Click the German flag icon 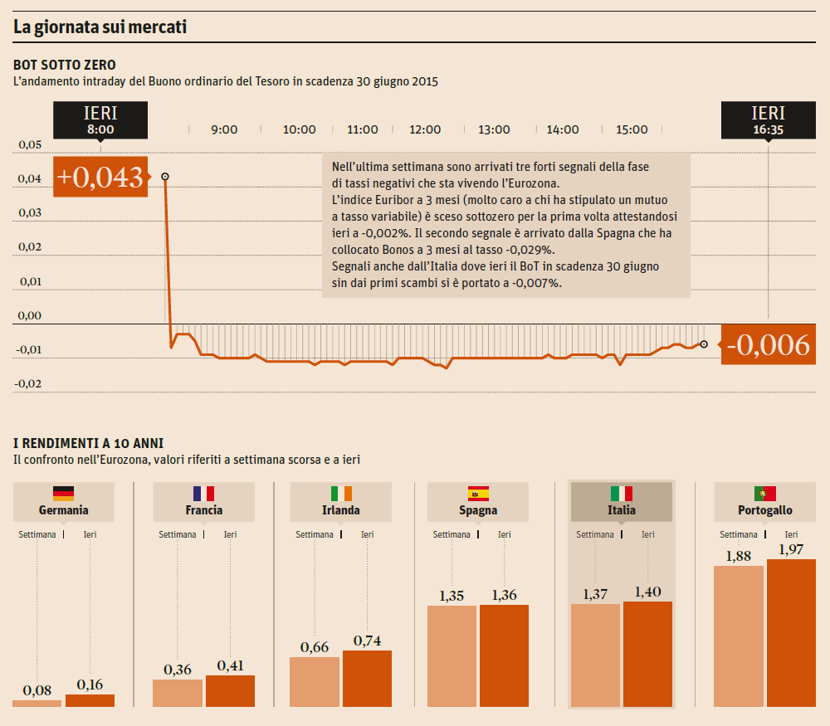(x=63, y=493)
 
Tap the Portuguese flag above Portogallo (x=765, y=493)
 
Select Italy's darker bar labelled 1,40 (x=647, y=654)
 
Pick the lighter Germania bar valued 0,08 (x=37, y=704)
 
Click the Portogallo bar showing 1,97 (x=791, y=632)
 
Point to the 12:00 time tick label (x=425, y=129)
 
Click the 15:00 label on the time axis (x=632, y=129)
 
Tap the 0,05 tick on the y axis (x=30, y=144)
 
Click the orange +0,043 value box (x=100, y=177)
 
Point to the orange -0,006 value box (x=769, y=344)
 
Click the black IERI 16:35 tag (x=768, y=120)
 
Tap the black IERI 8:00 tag (x=100, y=120)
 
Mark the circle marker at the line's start (x=165, y=177)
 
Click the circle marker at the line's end (x=704, y=344)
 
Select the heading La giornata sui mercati (x=100, y=27)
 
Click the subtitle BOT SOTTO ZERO (x=65, y=65)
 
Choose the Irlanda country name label (x=340, y=510)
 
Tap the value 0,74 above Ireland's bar (x=367, y=641)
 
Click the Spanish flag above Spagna (x=478, y=493)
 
